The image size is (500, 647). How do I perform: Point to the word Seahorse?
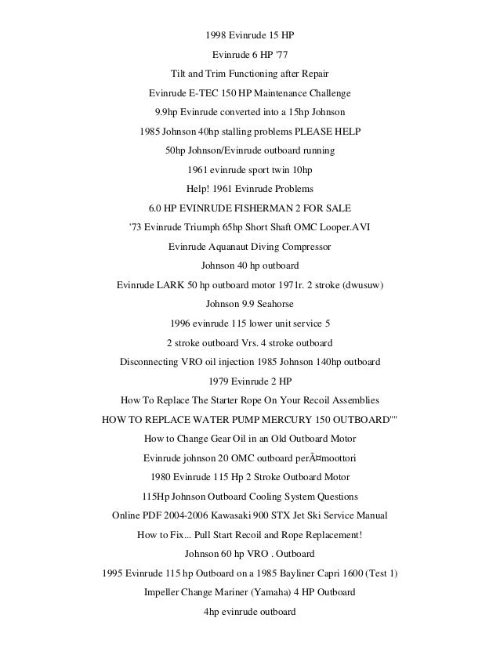pos(274,304)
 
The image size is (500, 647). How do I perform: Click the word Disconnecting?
pos(151,362)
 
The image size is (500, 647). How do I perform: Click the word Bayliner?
pos(290,573)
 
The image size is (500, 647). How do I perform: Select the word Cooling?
pos(258,497)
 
